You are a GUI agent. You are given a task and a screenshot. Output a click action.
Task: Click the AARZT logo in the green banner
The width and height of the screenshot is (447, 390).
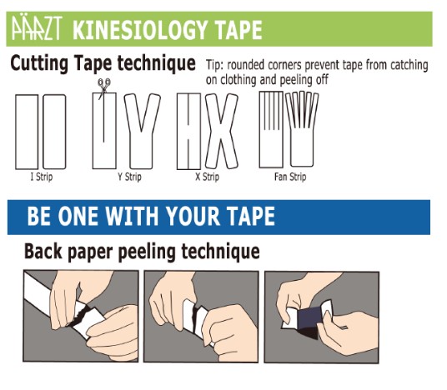pyautogui.click(x=37, y=28)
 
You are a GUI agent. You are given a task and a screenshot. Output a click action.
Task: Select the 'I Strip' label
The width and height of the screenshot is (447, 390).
pyautogui.click(x=42, y=177)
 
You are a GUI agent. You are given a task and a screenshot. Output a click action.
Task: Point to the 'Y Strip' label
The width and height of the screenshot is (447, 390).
pyautogui.click(x=130, y=177)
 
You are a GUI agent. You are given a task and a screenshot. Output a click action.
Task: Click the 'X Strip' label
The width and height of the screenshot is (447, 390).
pyautogui.click(x=208, y=177)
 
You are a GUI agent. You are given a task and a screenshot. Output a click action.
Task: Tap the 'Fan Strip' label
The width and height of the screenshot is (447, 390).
pyautogui.click(x=290, y=177)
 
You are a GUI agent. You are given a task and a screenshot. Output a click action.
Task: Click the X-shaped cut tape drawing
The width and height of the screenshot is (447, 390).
pyautogui.click(x=222, y=132)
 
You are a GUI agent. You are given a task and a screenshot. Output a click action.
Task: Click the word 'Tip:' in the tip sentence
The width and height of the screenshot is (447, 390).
pyautogui.click(x=215, y=65)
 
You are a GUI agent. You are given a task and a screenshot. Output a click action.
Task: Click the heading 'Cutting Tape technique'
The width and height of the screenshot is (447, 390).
pyautogui.click(x=103, y=63)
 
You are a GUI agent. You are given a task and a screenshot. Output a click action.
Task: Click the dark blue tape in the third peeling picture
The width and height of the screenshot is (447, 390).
pyautogui.click(x=309, y=319)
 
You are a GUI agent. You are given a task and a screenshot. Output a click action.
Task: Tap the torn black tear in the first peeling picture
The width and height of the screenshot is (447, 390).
pyautogui.click(x=81, y=316)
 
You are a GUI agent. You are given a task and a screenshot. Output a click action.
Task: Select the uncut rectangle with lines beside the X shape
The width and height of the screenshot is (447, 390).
pyautogui.click(x=188, y=132)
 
